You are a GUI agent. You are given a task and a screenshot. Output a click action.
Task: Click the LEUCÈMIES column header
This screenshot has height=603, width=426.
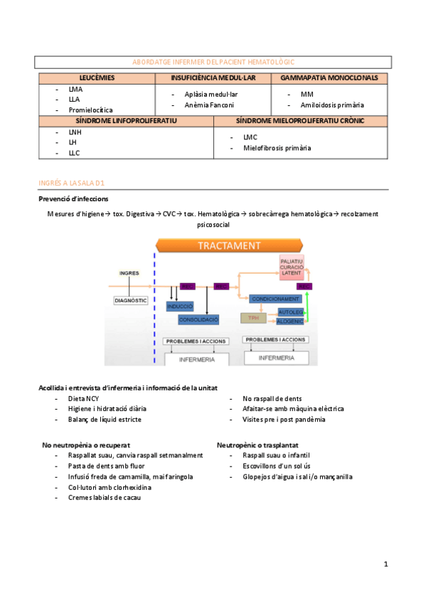click(x=96, y=77)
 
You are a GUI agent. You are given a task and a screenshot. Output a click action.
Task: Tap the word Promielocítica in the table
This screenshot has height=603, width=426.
click(x=90, y=110)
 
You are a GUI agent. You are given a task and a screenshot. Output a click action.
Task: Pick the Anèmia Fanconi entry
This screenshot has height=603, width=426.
click(x=208, y=105)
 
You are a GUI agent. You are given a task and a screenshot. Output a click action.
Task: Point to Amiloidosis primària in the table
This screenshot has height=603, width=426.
click(x=331, y=105)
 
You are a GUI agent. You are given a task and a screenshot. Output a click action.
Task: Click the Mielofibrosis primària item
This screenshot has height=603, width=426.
click(x=277, y=148)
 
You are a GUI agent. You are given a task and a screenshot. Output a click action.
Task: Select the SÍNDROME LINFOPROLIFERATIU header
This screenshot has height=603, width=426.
click(x=126, y=121)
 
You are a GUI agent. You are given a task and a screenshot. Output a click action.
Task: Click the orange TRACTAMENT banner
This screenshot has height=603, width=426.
click(x=229, y=245)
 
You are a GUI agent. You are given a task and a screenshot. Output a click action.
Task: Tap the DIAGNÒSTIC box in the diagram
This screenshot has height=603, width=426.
click(x=131, y=301)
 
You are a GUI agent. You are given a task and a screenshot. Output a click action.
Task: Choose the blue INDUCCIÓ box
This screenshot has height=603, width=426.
click(x=180, y=306)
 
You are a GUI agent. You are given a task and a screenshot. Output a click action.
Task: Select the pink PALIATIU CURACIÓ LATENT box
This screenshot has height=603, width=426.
click(x=292, y=269)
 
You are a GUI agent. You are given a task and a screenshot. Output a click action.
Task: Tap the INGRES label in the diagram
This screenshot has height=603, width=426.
click(x=129, y=273)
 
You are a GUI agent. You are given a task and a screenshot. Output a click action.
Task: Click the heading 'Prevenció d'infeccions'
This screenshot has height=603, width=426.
click(x=73, y=198)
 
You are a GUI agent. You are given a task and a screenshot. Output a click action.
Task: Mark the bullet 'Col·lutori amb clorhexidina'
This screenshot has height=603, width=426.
click(x=110, y=487)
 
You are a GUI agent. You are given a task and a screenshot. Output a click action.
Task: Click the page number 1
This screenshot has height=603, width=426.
click(x=385, y=565)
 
